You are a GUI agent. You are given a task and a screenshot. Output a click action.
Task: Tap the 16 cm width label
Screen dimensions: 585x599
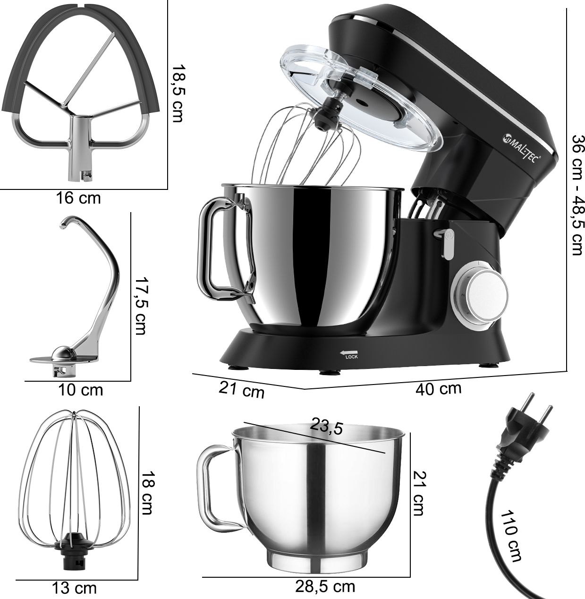(78, 198)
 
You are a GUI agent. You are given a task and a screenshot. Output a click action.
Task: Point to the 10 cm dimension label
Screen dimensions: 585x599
(81, 390)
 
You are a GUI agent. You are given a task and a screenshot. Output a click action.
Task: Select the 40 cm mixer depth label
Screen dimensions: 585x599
(439, 389)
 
